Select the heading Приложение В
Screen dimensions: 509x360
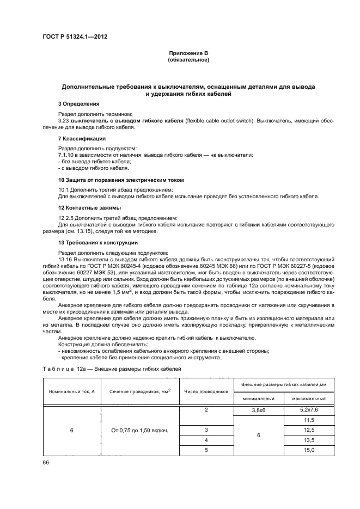click(188, 53)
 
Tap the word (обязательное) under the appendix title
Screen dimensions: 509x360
click(188, 59)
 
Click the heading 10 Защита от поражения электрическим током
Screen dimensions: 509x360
click(120, 180)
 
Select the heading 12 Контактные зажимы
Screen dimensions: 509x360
click(89, 208)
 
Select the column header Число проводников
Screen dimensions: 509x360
click(206, 391)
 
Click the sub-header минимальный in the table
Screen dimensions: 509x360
click(259, 399)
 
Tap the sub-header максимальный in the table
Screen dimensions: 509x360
click(309, 399)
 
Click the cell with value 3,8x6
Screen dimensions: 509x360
click(259, 410)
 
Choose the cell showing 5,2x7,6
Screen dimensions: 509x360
click(309, 410)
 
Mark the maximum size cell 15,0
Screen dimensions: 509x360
click(309, 450)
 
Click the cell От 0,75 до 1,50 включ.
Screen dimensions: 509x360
click(140, 430)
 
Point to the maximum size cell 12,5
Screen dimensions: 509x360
click(309, 430)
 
